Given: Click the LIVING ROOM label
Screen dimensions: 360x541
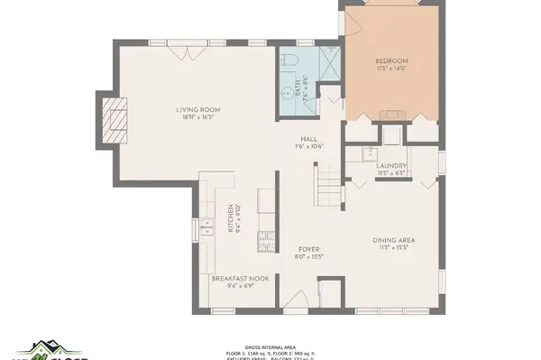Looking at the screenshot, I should pos(198,110).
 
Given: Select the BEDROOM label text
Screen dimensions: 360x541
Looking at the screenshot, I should pos(392,61).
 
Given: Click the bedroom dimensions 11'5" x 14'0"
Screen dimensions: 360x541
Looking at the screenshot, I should pos(392,69).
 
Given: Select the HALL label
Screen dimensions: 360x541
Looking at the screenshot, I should pos(308,139).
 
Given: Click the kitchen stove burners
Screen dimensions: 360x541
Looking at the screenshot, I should pos(267,240).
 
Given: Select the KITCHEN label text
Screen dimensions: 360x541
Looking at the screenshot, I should pos(233,217).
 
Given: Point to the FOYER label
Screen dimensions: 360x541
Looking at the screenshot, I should pos(308,249).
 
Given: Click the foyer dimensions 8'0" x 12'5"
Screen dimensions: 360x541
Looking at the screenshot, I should pos(308,257).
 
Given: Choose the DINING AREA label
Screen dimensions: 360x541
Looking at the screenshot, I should pos(394,240).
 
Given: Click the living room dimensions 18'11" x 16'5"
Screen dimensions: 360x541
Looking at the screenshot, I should pos(198,117).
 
